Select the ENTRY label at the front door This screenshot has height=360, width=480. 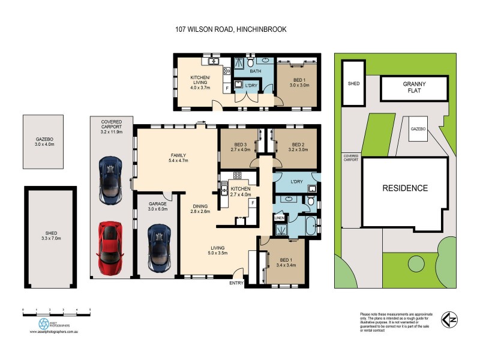point(236,283)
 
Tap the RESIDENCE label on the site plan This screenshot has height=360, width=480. point(405,188)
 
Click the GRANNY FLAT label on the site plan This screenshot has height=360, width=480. point(414,89)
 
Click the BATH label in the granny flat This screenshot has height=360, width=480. point(256,72)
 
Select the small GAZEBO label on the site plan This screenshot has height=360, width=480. point(418,129)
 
